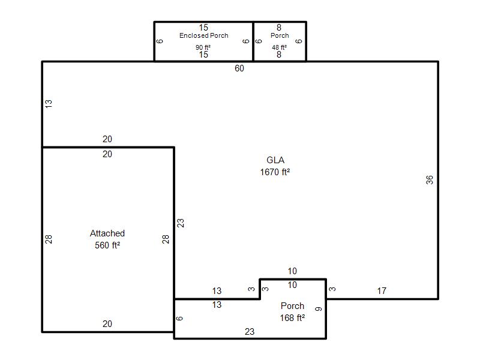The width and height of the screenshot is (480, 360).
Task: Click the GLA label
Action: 275,160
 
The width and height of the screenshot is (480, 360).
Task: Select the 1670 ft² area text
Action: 275,172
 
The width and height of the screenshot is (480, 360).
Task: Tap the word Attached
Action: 107,233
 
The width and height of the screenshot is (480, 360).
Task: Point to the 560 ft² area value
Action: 107,245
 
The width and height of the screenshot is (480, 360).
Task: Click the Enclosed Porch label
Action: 204,35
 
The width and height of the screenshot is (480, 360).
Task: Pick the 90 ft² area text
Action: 203,47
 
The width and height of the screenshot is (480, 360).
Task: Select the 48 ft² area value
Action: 279,47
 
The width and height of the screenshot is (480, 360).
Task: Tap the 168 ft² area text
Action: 292,318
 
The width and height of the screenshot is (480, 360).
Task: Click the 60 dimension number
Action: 239,68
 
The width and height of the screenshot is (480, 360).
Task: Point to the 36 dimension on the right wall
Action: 430,179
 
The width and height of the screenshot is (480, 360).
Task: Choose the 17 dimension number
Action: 382,291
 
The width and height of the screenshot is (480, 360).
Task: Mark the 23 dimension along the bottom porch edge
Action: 250,332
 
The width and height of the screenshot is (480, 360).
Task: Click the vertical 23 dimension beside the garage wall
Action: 181,223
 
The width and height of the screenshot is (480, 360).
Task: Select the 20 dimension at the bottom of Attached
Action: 107,323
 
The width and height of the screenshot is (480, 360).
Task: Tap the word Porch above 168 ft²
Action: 292,306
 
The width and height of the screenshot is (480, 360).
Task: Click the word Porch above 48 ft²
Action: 280,35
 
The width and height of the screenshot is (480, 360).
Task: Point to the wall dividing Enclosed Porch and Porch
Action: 253,41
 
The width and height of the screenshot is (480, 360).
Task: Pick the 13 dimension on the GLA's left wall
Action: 49,103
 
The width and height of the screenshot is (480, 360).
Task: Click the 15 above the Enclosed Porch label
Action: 203,28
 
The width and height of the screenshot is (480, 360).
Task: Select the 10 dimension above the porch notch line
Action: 292,271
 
